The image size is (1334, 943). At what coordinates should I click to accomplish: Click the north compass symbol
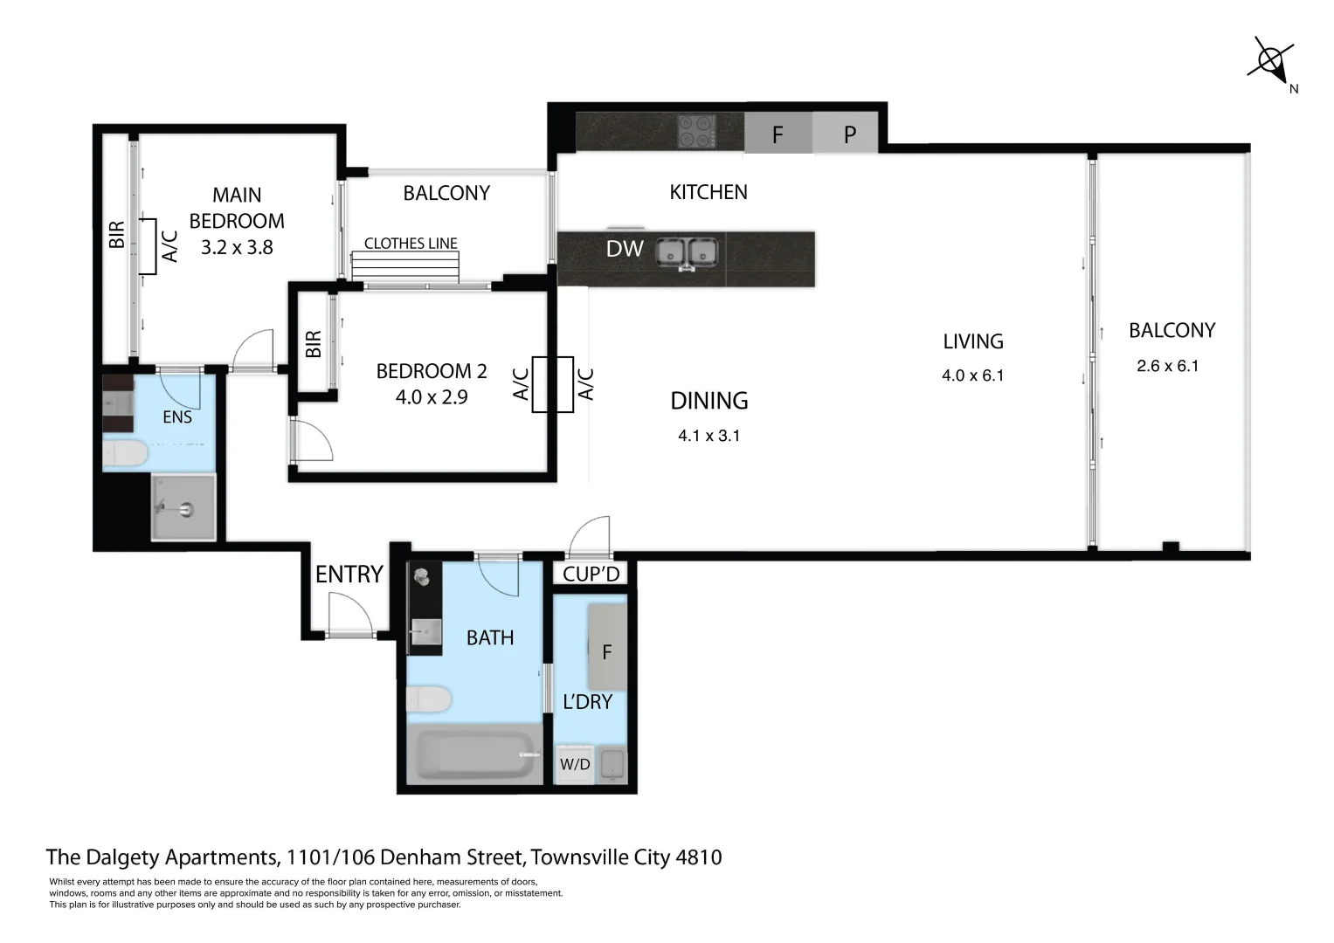tap(1270, 60)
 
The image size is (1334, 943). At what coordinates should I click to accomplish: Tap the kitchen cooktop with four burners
tap(697, 132)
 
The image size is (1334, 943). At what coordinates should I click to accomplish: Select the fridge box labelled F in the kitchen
tap(778, 134)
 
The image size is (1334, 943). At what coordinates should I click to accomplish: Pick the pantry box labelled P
tap(849, 134)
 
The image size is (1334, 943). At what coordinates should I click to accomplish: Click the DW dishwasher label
tap(625, 249)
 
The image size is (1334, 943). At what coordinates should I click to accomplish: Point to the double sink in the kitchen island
tap(688, 251)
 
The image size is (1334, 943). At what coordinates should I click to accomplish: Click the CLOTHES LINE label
tap(411, 244)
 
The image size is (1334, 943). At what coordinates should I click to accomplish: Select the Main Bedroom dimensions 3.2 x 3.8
tap(237, 248)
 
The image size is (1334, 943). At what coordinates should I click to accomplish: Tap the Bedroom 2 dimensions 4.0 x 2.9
tap(432, 397)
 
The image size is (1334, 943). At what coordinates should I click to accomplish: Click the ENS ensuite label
tap(177, 417)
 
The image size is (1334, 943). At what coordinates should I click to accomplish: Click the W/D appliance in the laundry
tap(575, 765)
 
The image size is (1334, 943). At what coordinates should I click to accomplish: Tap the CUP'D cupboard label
tap(591, 574)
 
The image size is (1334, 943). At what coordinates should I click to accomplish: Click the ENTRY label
tap(349, 574)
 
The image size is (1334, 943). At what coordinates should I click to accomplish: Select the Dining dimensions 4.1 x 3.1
tap(708, 435)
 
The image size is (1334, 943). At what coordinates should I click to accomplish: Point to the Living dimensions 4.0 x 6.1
tap(972, 375)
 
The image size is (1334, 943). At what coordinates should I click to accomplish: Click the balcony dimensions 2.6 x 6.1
tap(1167, 366)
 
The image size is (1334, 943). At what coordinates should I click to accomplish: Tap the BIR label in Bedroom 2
tap(314, 343)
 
